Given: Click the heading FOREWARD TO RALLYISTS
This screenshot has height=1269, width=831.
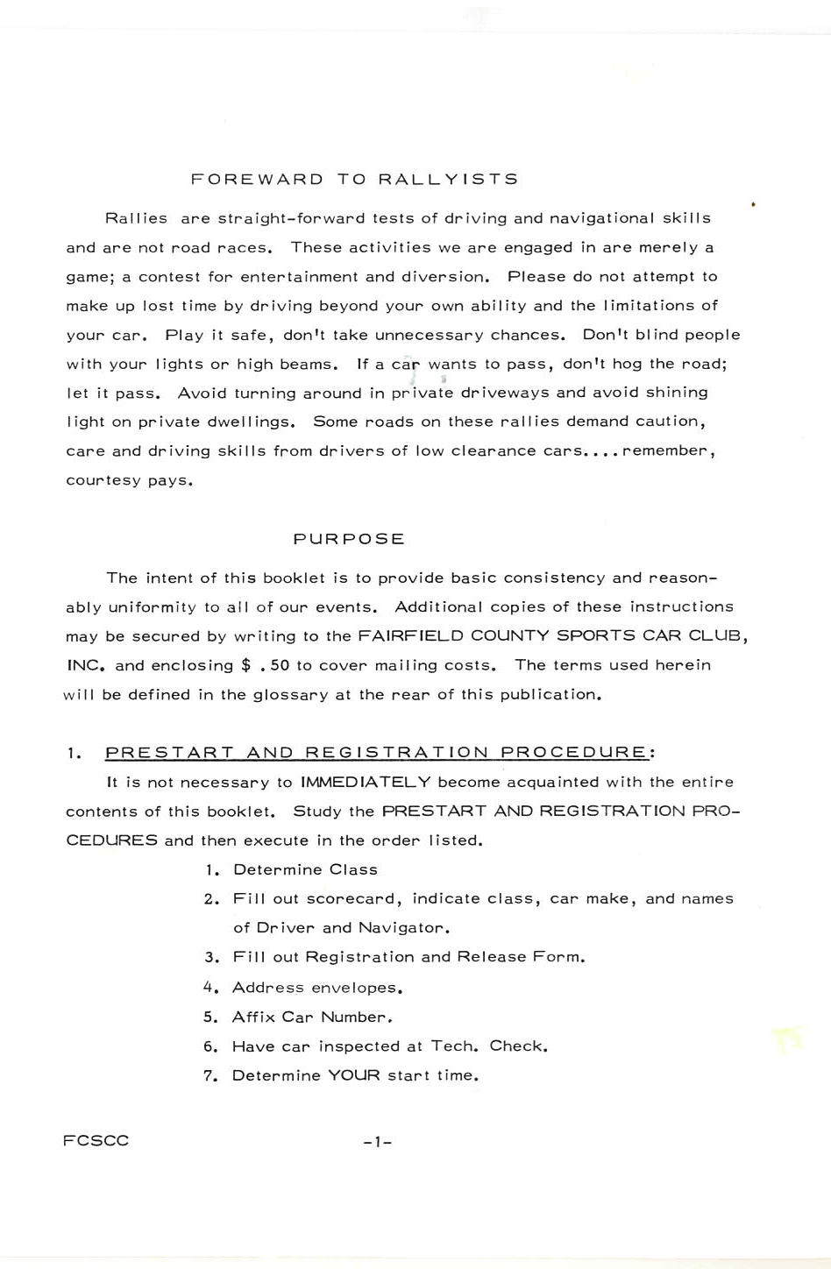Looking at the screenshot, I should coord(354,180).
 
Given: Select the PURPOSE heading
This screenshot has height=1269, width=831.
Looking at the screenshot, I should coord(349,539).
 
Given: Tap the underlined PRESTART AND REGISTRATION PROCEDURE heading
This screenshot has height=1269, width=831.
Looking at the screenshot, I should coord(377,752).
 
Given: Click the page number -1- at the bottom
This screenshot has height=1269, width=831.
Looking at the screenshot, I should coord(377,1142).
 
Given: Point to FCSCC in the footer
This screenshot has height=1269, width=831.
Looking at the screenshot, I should coord(96,1140).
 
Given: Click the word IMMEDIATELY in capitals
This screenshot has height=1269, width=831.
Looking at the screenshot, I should coord(366,782).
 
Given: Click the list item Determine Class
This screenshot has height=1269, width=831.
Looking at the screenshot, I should coord(305,869).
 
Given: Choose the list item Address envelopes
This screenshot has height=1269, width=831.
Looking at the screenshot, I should coord(316,988).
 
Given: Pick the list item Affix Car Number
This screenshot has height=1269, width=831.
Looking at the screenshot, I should coord(311,1017).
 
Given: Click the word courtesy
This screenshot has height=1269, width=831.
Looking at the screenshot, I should coord(101,480).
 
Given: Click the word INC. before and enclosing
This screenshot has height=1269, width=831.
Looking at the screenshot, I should coord(87,665).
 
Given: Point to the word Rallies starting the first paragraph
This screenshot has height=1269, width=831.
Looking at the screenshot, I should coord(136,218).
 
